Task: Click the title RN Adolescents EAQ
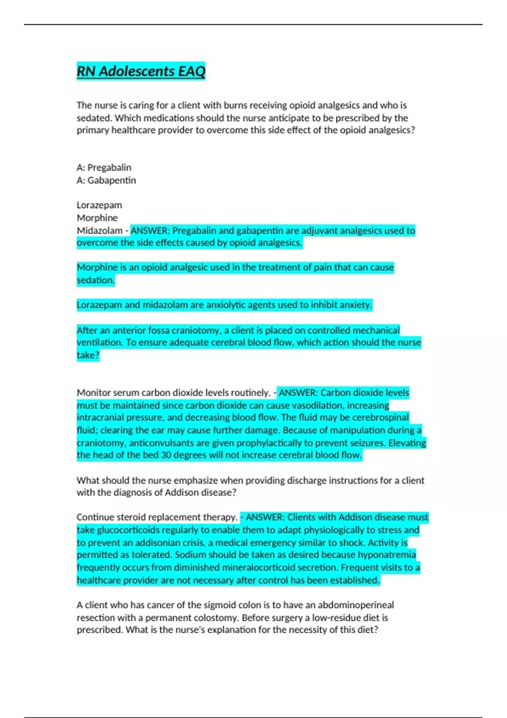[x=141, y=71]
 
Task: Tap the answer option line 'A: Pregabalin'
[x=104, y=168]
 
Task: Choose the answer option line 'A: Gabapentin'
[x=106, y=180]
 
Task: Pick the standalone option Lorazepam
[x=99, y=205]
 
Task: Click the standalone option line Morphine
[x=97, y=218]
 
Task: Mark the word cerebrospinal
[x=380, y=418]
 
